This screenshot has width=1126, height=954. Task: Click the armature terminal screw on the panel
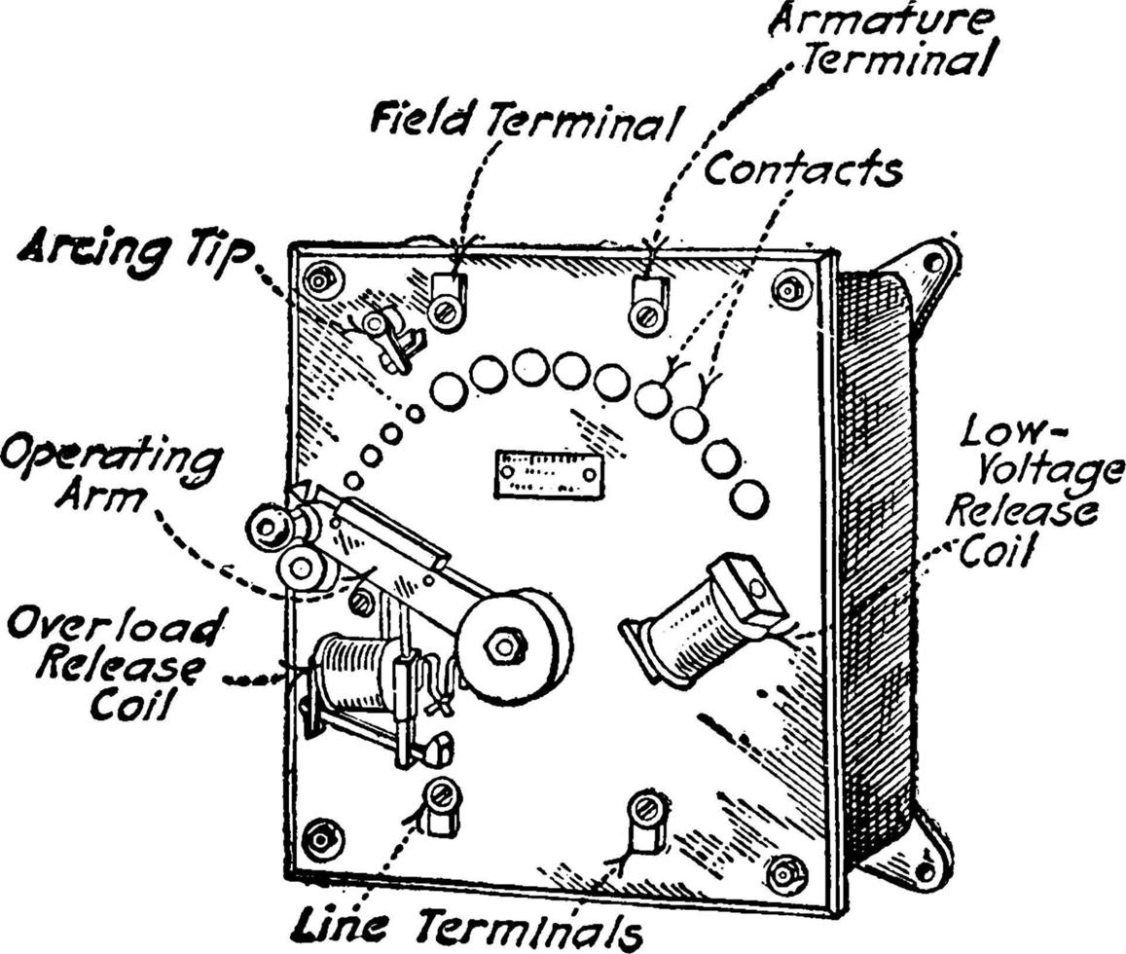(644, 313)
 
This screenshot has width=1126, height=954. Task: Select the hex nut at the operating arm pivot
(506, 643)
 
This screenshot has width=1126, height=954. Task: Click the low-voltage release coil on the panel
(701, 616)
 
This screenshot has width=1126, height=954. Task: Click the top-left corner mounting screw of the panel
(322, 281)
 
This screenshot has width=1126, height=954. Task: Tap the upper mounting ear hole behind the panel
(931, 262)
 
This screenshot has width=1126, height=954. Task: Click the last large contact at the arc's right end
(747, 498)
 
